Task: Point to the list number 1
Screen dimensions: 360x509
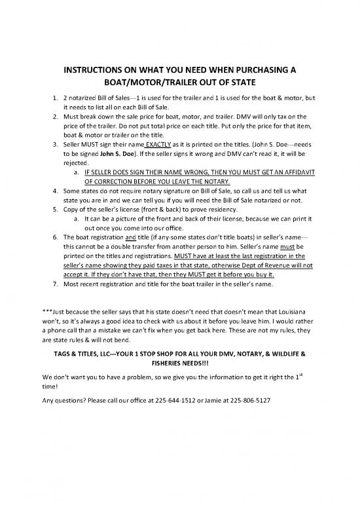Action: pos(54,99)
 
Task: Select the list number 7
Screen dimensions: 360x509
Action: pos(54,285)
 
